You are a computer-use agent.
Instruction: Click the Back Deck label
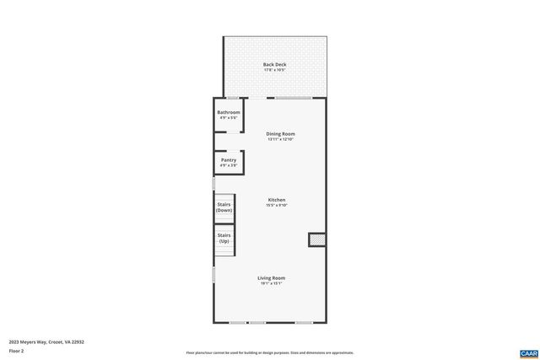pyautogui.click(x=273, y=64)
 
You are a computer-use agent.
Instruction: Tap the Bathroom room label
pyautogui.click(x=229, y=112)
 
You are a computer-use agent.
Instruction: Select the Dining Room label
pyautogui.click(x=280, y=133)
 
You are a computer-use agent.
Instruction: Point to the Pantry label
pyautogui.click(x=229, y=160)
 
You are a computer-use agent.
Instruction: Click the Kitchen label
pyautogui.click(x=277, y=200)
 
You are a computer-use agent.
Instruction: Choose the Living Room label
pyautogui.click(x=272, y=277)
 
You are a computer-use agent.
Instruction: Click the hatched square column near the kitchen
pyautogui.click(x=316, y=240)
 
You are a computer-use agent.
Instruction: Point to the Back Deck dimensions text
pyautogui.click(x=273, y=70)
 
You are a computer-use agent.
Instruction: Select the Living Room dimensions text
pyautogui.click(x=272, y=283)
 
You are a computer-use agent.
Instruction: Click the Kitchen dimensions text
pyautogui.click(x=277, y=206)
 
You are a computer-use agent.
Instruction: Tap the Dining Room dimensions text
pyautogui.click(x=280, y=139)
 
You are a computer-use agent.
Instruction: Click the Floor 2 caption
pyautogui.click(x=17, y=350)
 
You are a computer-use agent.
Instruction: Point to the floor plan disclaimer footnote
pyautogui.click(x=270, y=352)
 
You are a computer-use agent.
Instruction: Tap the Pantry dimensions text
pyautogui.click(x=229, y=165)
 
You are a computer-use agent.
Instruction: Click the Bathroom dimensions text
pyautogui.click(x=229, y=118)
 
